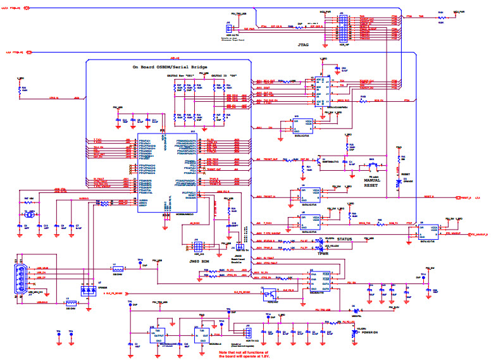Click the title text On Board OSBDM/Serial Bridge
click(x=169, y=66)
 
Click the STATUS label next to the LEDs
click(x=362, y=239)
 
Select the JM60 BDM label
click(x=199, y=259)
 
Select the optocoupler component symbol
click(x=271, y=293)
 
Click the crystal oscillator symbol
click(x=27, y=215)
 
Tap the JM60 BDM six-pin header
click(x=198, y=245)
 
